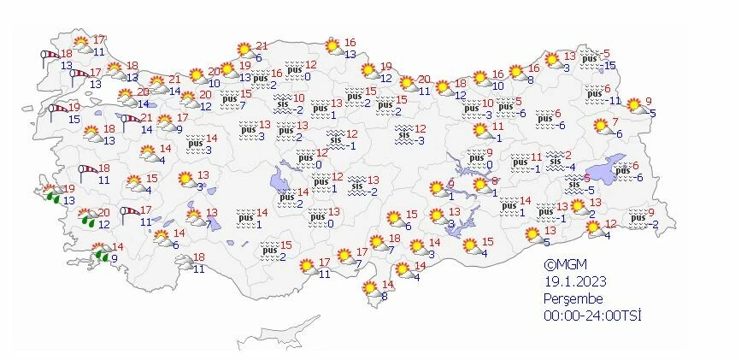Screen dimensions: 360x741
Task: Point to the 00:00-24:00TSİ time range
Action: click(592, 315)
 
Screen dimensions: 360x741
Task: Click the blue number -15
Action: click(609, 66)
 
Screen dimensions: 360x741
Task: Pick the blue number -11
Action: click(613, 100)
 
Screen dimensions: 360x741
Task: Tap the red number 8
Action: click(495, 181)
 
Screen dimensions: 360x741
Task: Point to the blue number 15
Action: click(74, 119)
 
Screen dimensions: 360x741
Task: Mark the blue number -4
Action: click(572, 167)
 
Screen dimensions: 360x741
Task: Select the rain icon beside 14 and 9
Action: click(101, 253)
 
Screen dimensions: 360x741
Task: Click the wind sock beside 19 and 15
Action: click(57, 109)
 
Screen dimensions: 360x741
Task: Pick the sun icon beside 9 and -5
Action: click(635, 105)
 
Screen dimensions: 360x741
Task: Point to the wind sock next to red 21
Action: click(129, 119)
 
